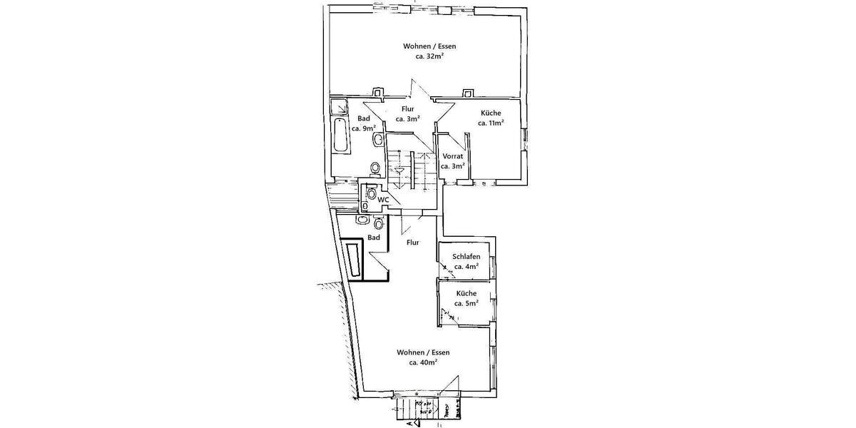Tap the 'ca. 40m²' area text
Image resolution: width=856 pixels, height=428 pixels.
(423, 362)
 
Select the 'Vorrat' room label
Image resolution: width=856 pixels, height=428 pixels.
(453, 156)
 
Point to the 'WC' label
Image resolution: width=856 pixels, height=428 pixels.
(383, 199)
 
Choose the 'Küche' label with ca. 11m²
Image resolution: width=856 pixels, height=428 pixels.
(491, 113)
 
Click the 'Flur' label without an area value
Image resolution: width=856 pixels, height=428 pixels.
(412, 243)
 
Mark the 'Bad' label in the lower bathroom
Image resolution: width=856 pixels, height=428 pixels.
(374, 238)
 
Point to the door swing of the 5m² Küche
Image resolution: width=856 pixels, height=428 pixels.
(448, 312)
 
